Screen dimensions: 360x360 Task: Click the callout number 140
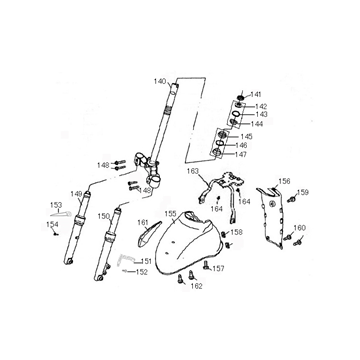coord(160,80)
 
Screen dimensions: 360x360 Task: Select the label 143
coord(261,114)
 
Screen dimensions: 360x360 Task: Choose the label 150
coord(103,215)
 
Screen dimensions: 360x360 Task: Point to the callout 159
coord(303,192)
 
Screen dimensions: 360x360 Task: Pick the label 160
coord(300,228)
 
